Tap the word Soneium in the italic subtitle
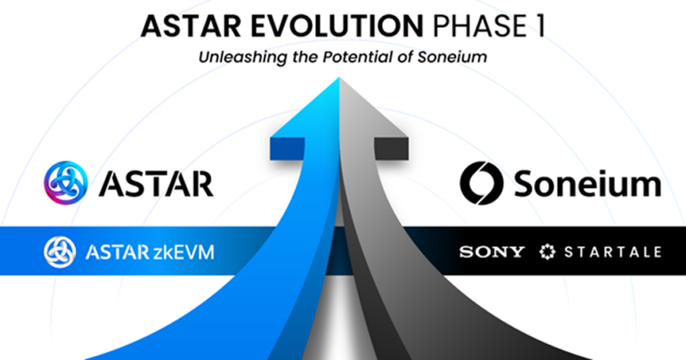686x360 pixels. coord(454,58)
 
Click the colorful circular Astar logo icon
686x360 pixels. coord(66,182)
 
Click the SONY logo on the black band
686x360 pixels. coord(492,252)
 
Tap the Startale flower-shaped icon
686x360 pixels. coord(547,252)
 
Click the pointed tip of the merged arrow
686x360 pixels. coord(340,80)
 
